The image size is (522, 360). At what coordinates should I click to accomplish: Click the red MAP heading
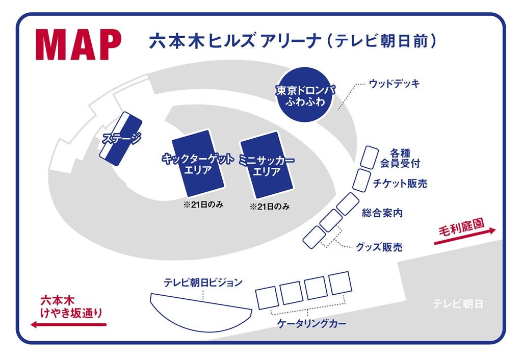coord(79,45)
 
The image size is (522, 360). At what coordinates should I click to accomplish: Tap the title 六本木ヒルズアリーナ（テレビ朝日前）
coord(292,42)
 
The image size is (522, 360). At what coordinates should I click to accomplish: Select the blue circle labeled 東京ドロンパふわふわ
coord(305,95)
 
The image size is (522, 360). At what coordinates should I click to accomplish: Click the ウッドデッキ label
coord(394,84)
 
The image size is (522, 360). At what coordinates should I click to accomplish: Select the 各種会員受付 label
coord(400,158)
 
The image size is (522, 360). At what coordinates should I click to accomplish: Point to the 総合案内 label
coord(382,213)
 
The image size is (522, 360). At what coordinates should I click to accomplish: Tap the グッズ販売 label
coord(379,248)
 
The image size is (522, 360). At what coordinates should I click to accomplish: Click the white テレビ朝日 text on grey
coord(458,304)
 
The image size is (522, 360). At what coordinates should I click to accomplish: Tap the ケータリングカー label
coord(311,323)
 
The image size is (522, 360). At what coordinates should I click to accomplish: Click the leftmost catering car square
coord(266,298)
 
